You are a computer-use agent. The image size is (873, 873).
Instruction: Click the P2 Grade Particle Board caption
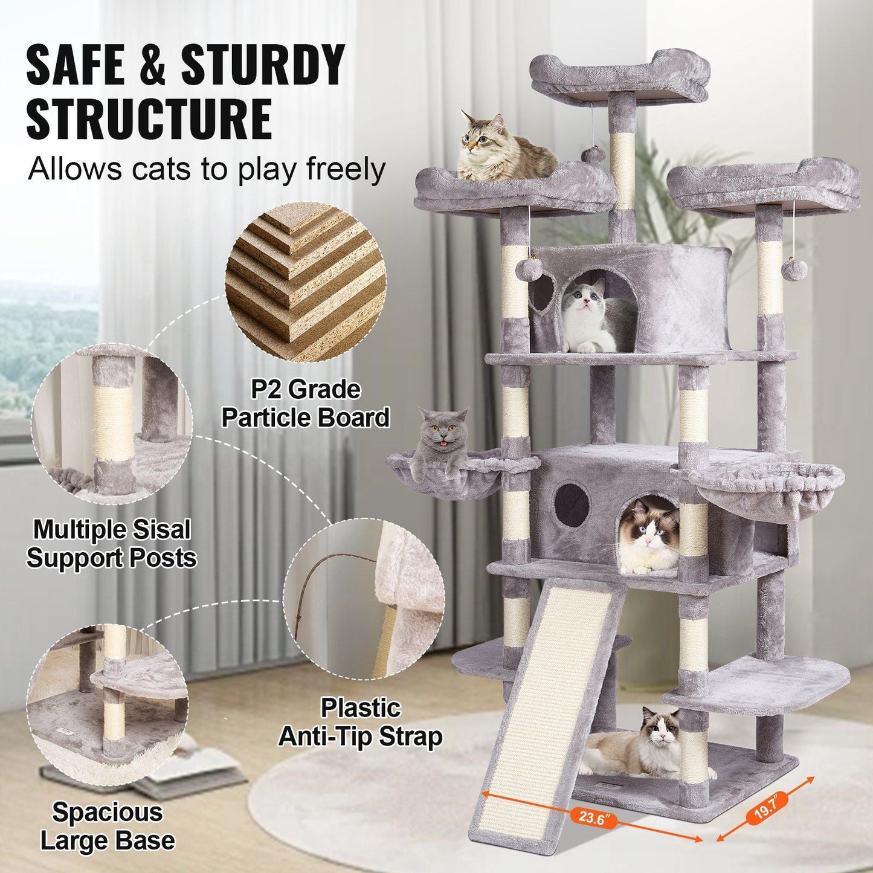(305, 404)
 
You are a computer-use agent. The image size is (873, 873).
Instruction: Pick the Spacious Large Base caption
(107, 826)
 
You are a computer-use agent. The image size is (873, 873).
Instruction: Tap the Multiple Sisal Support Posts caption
(112, 544)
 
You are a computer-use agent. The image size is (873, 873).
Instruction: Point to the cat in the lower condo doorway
(648, 538)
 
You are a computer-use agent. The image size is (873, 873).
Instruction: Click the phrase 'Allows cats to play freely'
(206, 169)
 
